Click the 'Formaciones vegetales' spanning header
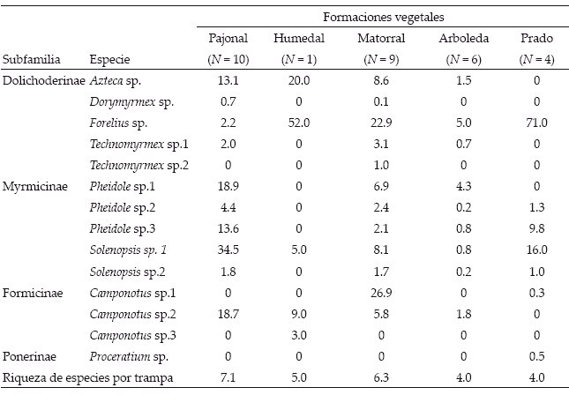(x=384, y=17)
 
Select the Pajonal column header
(x=228, y=38)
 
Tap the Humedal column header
(x=299, y=38)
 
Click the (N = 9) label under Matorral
(x=381, y=59)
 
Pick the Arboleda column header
(x=464, y=38)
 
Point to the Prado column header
(x=536, y=38)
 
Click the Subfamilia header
(x=31, y=59)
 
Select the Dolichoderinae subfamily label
(x=44, y=80)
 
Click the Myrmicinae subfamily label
(x=35, y=186)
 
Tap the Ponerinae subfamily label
(x=29, y=356)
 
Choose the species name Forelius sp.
(x=118, y=123)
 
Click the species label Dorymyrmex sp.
(x=131, y=102)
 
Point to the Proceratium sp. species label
(x=129, y=356)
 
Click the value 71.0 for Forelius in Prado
(x=536, y=123)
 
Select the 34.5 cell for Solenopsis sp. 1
(x=228, y=250)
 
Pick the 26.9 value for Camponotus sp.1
(x=381, y=293)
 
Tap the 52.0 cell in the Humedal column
(x=299, y=123)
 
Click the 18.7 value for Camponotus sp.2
(x=228, y=314)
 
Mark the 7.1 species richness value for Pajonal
(x=228, y=377)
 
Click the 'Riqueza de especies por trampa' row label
(x=88, y=378)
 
